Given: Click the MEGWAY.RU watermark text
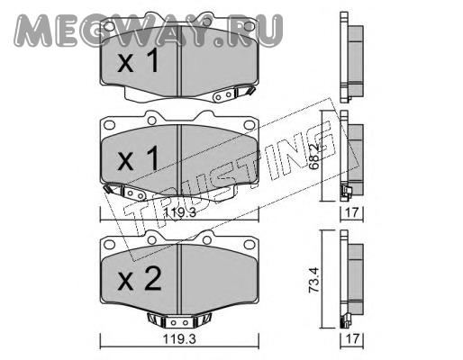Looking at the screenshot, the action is (x=149, y=31).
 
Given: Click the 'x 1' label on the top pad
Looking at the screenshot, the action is (x=138, y=61).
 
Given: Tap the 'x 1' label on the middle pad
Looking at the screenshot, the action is (x=138, y=159).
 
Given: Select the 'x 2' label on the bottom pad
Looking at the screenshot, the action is (x=140, y=279).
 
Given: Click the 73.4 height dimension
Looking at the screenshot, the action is (x=313, y=280).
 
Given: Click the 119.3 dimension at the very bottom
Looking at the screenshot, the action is (x=179, y=339).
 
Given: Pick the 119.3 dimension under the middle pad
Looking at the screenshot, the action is (x=179, y=212).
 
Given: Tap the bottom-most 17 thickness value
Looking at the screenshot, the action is (x=352, y=339).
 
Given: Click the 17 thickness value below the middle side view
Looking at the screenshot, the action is (x=352, y=212).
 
